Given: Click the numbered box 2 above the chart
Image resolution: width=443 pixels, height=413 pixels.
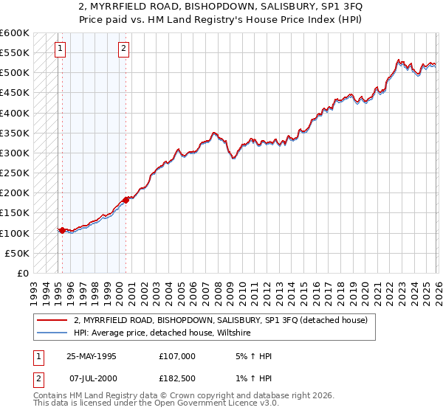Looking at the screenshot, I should (123, 49).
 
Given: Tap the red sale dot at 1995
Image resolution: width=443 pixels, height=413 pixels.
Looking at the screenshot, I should (62, 230).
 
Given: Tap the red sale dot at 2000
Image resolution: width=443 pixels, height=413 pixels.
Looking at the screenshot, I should (126, 199).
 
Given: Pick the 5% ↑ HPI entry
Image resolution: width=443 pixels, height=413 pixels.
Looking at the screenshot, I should (252, 356).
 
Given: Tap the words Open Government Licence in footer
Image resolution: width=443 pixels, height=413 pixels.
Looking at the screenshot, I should (230, 404).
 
